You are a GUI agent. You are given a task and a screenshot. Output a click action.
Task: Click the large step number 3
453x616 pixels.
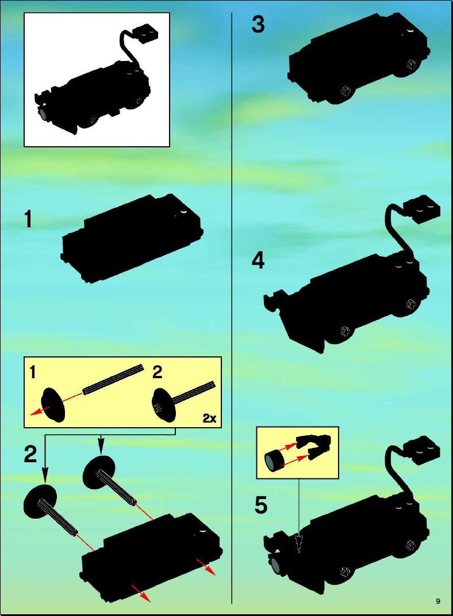tap(258, 24)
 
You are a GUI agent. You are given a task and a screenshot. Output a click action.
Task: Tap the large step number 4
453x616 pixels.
tap(258, 260)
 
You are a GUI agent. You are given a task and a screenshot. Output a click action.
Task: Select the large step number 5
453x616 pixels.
tap(261, 505)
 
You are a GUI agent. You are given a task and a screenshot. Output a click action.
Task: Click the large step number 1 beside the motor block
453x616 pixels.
tap(28, 219)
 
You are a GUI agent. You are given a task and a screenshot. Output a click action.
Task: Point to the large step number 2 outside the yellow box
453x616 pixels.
tap(30, 454)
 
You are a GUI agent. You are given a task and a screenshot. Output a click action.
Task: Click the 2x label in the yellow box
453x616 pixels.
tap(209, 419)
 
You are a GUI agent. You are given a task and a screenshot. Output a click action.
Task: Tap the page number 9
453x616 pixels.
tap(438, 601)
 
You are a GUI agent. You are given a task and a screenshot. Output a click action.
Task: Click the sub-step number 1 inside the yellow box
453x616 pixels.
tap(33, 372)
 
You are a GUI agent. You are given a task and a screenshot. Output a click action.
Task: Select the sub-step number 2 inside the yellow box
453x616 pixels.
tap(157, 372)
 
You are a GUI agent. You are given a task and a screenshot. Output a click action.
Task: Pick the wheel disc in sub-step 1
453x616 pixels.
tap(53, 405)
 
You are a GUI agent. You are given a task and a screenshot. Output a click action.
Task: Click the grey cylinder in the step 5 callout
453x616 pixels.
tap(274, 461)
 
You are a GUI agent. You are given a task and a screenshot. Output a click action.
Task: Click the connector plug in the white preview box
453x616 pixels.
tap(146, 33)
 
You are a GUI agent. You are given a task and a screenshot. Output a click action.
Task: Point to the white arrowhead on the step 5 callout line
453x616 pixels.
tap(300, 543)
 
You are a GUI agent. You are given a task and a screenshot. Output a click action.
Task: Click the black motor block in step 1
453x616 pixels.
tap(133, 238)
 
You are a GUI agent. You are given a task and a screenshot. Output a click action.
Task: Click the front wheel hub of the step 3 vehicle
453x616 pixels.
tap(345, 91)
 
